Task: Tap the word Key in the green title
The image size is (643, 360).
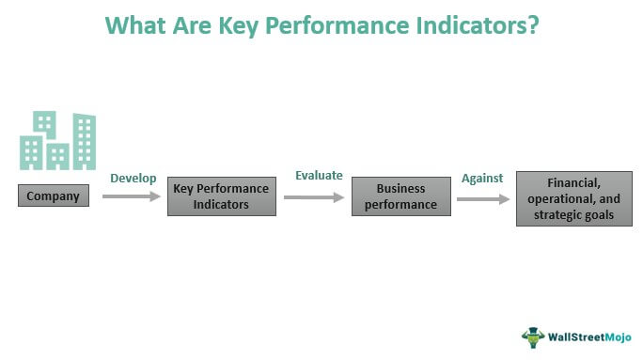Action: tap(247, 24)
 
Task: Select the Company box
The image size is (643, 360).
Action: tap(54, 196)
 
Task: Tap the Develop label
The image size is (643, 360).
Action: tap(133, 179)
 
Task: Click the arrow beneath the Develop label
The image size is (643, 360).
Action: tap(131, 196)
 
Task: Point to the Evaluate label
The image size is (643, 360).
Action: tap(320, 176)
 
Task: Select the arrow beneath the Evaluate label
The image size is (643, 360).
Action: tap(314, 196)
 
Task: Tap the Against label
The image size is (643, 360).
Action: tap(482, 179)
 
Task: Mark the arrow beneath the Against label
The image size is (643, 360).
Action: tap(483, 198)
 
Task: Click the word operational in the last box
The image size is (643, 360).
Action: tap(562, 198)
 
